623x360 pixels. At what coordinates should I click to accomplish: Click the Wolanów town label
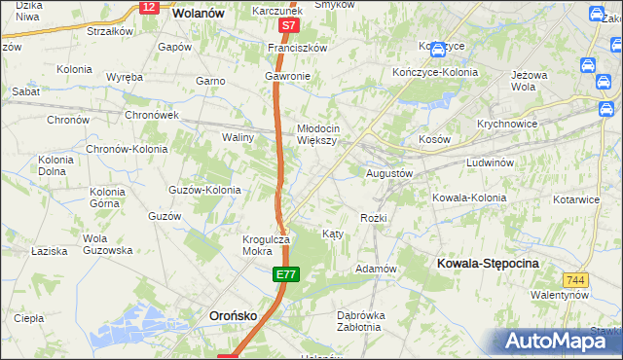(x=198, y=14)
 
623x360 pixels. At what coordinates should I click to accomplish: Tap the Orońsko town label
(x=234, y=315)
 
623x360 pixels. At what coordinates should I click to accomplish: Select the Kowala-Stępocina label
(x=488, y=264)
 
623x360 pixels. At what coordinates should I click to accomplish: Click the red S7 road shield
(x=287, y=25)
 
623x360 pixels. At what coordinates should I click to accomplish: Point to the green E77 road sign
(x=284, y=277)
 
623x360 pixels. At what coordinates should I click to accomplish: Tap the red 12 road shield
(x=148, y=7)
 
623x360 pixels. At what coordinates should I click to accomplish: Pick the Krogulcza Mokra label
(x=266, y=244)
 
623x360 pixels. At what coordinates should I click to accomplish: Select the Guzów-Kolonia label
(x=204, y=190)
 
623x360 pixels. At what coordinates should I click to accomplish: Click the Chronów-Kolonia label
(x=127, y=150)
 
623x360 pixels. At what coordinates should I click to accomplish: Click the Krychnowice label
(x=508, y=125)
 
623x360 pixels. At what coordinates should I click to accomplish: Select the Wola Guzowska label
(x=107, y=244)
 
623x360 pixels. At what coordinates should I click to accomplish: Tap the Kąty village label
(x=332, y=234)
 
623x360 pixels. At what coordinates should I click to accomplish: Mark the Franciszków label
(x=303, y=47)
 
